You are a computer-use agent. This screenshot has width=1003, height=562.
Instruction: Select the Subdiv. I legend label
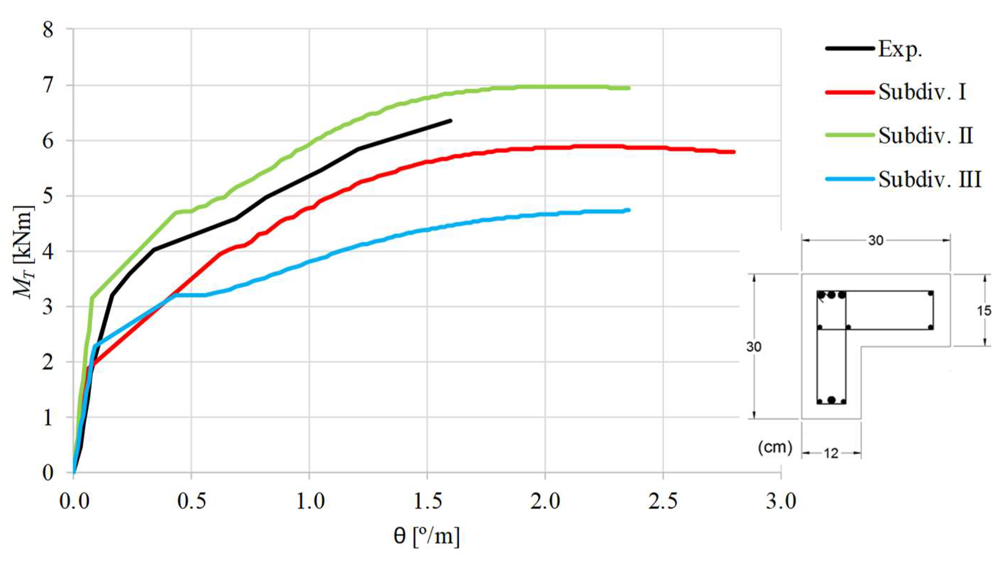pos(922,93)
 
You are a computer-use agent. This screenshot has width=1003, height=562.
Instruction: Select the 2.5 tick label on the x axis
pos(663,502)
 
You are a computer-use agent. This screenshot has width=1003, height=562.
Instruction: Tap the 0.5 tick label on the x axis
pos(191,502)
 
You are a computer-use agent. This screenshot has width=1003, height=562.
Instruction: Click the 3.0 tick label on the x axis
pos(781,502)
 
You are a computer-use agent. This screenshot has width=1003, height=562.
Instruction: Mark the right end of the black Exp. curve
pos(450,121)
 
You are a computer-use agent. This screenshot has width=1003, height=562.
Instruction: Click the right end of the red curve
pos(733,152)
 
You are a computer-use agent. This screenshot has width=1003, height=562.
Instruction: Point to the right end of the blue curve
pos(629,210)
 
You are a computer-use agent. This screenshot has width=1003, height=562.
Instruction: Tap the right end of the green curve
pos(629,88)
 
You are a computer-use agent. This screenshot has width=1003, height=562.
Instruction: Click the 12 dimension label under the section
pos(831,454)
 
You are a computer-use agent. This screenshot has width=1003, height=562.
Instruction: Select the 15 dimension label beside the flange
pos(984,310)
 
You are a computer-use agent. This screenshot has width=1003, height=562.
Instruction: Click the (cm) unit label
pos(775,448)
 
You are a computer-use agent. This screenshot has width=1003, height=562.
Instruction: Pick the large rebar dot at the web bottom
pos(831,400)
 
